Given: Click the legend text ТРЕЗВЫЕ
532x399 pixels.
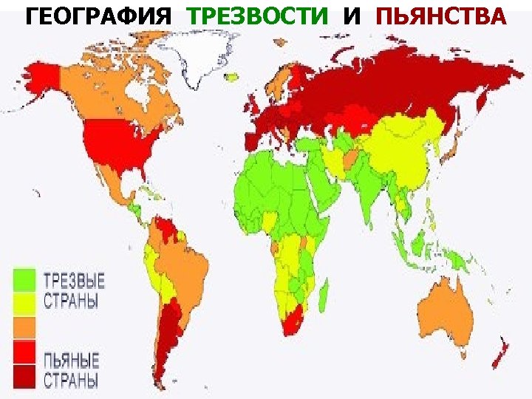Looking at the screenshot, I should pyautogui.click(x=74, y=282).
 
